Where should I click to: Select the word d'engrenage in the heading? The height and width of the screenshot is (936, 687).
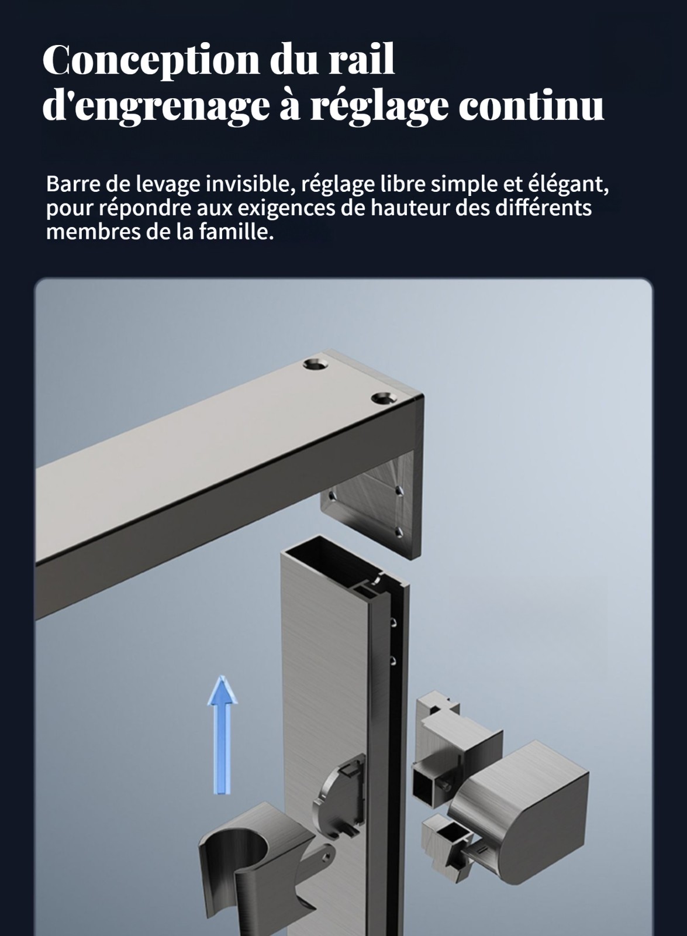click(x=156, y=106)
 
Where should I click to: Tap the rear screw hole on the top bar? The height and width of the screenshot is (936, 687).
click(x=315, y=365)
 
